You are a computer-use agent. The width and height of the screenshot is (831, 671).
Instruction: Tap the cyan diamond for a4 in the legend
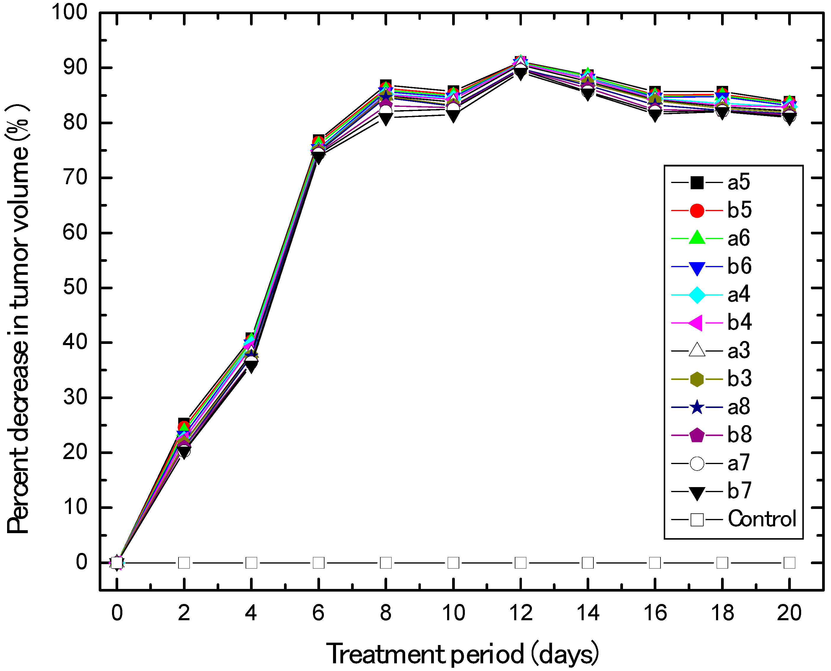pyautogui.click(x=697, y=295)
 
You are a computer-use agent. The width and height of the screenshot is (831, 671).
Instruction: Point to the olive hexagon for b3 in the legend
pyautogui.click(x=697, y=379)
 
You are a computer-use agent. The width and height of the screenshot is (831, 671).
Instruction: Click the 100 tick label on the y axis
pyautogui.click(x=70, y=12)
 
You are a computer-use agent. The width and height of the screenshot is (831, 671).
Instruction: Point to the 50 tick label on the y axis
pyautogui.click(x=75, y=288)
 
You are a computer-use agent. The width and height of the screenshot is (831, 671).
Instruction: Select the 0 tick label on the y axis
pyautogui.click(x=82, y=562)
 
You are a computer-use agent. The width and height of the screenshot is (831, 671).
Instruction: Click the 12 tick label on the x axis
pyautogui.click(x=520, y=613)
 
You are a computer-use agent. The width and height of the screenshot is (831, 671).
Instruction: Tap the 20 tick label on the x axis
pyautogui.click(x=789, y=613)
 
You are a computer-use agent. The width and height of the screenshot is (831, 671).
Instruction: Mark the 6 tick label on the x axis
pyautogui.click(x=318, y=613)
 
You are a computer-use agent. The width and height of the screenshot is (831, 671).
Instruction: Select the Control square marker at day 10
pyautogui.click(x=453, y=563)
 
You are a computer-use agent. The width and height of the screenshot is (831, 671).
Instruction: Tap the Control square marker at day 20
pyautogui.click(x=789, y=563)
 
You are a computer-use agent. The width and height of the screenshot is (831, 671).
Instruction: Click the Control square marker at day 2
pyautogui.click(x=184, y=563)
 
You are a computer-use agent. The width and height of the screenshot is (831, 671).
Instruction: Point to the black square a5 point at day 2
pyautogui.click(x=184, y=423)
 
